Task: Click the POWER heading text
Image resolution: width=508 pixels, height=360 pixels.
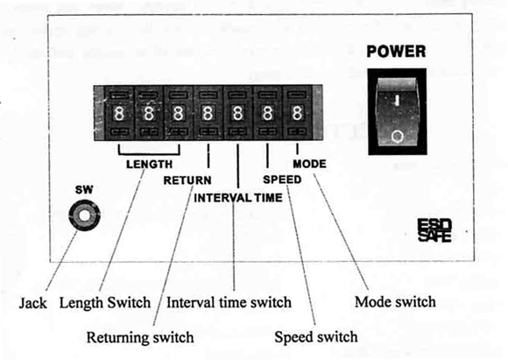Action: click(x=396, y=52)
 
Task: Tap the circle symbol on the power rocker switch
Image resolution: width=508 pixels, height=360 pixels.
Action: click(x=397, y=137)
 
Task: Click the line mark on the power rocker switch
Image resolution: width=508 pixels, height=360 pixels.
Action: click(x=397, y=100)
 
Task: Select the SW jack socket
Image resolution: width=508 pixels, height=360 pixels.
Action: click(x=85, y=215)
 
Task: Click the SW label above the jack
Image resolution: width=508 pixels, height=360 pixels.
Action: click(x=84, y=189)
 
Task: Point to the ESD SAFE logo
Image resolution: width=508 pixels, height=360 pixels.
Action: click(x=434, y=230)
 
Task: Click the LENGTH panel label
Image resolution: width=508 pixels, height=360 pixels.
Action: click(x=149, y=165)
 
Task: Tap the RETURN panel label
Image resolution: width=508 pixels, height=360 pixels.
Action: click(x=187, y=180)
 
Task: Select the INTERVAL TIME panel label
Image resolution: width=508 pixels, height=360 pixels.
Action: click(x=238, y=198)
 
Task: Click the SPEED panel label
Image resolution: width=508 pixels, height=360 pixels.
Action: click(x=282, y=180)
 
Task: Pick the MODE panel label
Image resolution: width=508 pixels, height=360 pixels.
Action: click(x=309, y=164)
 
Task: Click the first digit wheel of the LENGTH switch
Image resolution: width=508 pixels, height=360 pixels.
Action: click(x=119, y=114)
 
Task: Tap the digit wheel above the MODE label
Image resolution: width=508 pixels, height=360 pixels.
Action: click(x=297, y=113)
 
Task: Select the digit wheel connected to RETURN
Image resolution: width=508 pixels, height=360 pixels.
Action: click(x=208, y=113)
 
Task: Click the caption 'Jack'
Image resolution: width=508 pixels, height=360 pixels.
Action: click(x=32, y=304)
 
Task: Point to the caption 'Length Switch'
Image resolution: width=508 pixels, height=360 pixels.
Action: click(x=105, y=303)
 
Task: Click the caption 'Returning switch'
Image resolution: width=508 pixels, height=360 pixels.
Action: click(x=140, y=337)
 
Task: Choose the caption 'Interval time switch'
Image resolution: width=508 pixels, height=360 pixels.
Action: click(x=229, y=303)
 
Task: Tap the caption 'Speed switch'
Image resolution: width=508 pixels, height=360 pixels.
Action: click(x=316, y=337)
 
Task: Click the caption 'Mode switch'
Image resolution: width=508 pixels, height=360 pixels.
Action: click(x=395, y=302)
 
